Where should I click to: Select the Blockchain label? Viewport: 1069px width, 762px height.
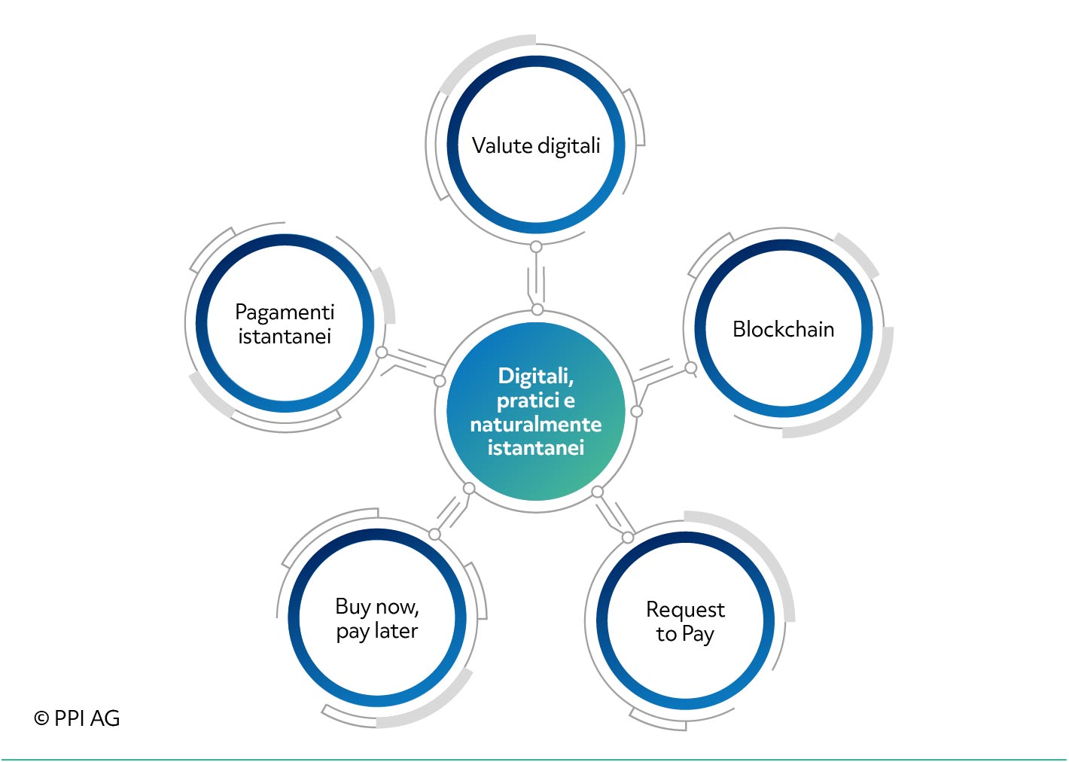click(x=783, y=329)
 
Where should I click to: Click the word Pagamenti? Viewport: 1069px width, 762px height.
click(x=285, y=313)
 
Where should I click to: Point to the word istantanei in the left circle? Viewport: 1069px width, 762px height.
click(x=285, y=336)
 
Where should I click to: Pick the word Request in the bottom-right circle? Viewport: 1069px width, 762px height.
click(x=685, y=610)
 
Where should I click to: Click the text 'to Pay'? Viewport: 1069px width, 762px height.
click(x=685, y=634)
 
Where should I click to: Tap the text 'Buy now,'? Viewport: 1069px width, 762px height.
click(x=377, y=607)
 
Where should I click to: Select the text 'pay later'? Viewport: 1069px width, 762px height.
click(x=377, y=631)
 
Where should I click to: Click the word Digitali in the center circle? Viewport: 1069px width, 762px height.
click(x=535, y=376)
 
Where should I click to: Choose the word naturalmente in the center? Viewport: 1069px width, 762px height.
click(x=535, y=425)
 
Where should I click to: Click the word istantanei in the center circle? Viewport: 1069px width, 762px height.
click(x=535, y=448)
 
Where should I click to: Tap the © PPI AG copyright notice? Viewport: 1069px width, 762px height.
click(x=77, y=718)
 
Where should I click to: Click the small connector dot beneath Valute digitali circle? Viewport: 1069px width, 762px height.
click(x=536, y=247)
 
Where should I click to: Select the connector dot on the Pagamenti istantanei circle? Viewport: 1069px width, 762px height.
click(x=382, y=352)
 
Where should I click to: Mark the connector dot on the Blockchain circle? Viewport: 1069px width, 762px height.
click(x=690, y=367)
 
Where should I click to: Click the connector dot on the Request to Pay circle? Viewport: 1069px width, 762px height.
click(x=628, y=538)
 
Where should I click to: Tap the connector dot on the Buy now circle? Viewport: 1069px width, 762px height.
click(x=434, y=535)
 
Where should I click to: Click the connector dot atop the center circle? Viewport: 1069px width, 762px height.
click(x=537, y=309)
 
